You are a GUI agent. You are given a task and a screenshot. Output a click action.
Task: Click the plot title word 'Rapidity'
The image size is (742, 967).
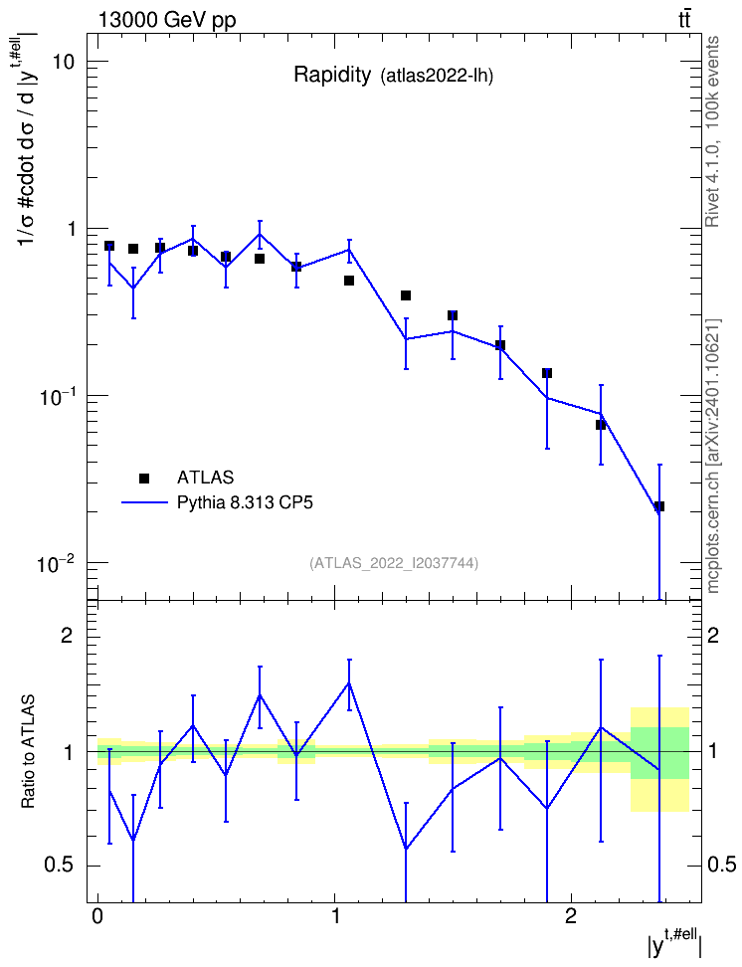pyautogui.click(x=332, y=75)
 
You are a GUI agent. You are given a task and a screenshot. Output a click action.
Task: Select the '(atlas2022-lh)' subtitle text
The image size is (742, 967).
pyautogui.click(x=438, y=77)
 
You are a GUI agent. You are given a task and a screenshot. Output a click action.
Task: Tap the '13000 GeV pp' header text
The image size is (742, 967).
pyautogui.click(x=167, y=20)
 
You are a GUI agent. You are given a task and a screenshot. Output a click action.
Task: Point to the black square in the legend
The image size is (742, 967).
pyautogui.click(x=144, y=478)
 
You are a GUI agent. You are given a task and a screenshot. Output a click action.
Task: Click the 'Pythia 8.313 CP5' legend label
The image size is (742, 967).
pyautogui.click(x=245, y=502)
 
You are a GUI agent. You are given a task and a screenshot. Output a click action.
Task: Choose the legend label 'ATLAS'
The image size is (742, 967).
pyautogui.click(x=205, y=478)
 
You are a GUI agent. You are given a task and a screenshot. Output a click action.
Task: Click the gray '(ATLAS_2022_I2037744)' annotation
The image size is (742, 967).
pyautogui.click(x=394, y=562)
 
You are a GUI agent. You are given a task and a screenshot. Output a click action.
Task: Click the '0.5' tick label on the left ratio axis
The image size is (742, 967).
pyautogui.click(x=60, y=866)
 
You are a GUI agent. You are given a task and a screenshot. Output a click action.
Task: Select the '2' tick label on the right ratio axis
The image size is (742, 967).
pyautogui.click(x=713, y=635)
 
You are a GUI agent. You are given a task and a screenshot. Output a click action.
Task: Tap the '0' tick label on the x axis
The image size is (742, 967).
pyautogui.click(x=97, y=915)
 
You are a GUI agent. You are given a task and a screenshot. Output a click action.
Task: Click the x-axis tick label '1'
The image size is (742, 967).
pyautogui.click(x=334, y=915)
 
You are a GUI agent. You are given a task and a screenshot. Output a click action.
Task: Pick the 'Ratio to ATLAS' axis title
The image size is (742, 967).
pyautogui.click(x=27, y=752)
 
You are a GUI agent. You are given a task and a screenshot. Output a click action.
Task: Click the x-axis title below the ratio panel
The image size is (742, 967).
pyautogui.click(x=674, y=944)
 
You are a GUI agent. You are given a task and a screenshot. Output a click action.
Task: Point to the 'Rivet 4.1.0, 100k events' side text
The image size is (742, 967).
pyautogui.click(x=712, y=131)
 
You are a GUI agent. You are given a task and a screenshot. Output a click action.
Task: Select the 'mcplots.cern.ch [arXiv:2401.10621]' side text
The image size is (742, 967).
pyautogui.click(x=712, y=456)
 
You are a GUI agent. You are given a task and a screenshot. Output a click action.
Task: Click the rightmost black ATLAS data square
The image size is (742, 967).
pyautogui.click(x=659, y=506)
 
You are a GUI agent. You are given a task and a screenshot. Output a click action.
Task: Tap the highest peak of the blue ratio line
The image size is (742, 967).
pyautogui.click(x=349, y=682)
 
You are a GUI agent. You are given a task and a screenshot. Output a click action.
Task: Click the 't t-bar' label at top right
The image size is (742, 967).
pyautogui.click(x=684, y=19)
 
